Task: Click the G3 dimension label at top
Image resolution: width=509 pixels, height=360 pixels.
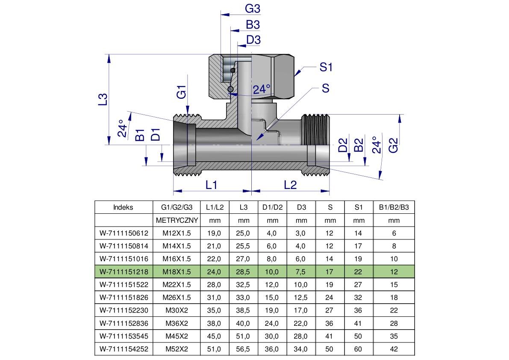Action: click(253, 9)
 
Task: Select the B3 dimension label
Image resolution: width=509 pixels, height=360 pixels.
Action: click(253, 24)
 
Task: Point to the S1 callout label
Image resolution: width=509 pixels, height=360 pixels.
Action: click(326, 67)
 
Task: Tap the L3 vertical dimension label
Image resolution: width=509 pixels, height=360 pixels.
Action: click(103, 99)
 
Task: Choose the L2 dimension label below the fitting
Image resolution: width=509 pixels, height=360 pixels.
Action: click(290, 185)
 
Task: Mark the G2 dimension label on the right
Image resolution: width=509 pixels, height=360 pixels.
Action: click(393, 145)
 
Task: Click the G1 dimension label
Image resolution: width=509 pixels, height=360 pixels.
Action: click(182, 92)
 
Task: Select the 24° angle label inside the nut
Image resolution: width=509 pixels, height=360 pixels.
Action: click(262, 89)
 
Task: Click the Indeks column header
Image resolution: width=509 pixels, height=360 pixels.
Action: click(124, 207)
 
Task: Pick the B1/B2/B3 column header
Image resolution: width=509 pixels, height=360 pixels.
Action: click(394, 207)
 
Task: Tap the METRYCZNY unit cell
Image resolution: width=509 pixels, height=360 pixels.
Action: click(177, 221)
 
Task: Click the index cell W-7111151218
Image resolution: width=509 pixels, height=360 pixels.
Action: click(124, 271)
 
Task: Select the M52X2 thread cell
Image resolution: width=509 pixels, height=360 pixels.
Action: click(177, 349)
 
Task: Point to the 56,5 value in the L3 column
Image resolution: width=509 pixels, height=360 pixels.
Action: click(244, 349)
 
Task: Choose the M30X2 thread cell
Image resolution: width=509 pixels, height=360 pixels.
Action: click(177, 310)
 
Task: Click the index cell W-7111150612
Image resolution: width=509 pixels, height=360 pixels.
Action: click(124, 233)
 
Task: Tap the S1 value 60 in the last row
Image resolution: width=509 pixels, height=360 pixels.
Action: click(358, 349)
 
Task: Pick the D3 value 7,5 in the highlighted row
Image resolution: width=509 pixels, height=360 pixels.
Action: click(301, 271)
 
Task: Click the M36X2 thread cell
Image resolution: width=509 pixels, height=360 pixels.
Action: click(177, 323)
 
